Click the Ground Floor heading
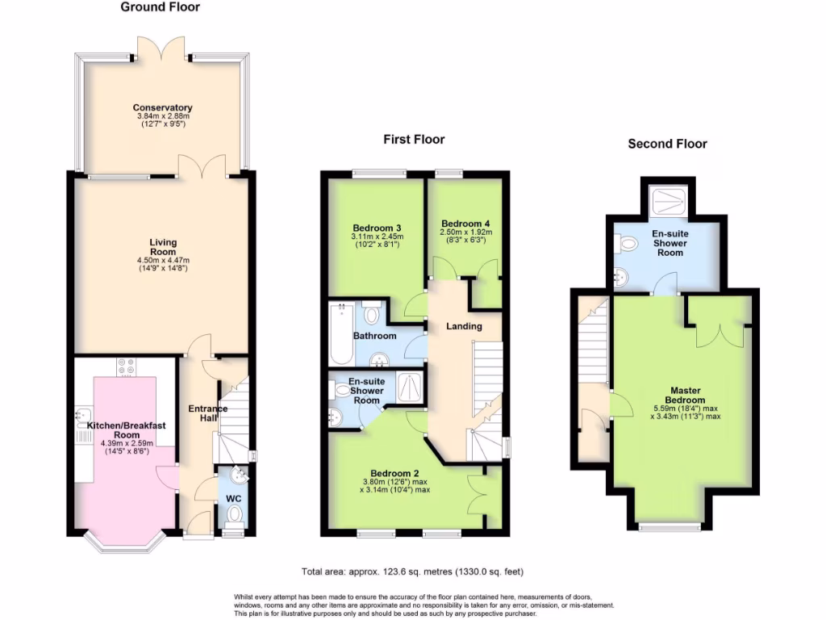(x=160, y=7)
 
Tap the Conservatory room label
(x=162, y=107)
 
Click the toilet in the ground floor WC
(x=234, y=513)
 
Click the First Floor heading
(x=413, y=140)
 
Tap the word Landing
(x=464, y=326)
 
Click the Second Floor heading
(x=667, y=144)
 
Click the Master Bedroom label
(x=686, y=396)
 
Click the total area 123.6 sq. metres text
(x=412, y=572)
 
